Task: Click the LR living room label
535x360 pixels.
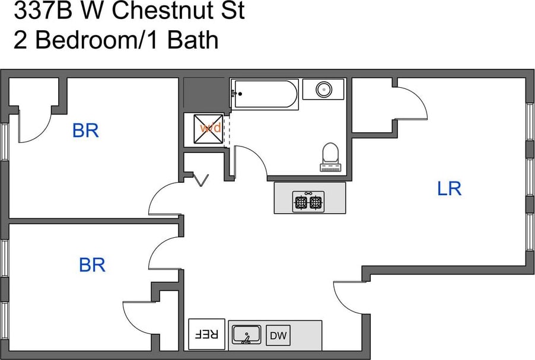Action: (x=449, y=189)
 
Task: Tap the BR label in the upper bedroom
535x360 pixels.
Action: (x=85, y=130)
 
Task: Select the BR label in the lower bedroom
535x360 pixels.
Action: (x=92, y=265)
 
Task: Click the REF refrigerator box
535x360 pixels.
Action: (x=206, y=334)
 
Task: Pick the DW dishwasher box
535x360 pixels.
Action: (x=278, y=336)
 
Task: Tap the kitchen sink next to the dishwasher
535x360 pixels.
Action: (x=247, y=335)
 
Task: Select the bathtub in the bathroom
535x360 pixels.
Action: (x=265, y=94)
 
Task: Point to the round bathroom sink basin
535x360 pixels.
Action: (x=323, y=90)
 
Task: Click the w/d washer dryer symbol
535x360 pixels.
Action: (x=209, y=128)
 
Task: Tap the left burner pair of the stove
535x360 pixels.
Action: (x=301, y=202)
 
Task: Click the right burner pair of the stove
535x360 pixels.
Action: (x=316, y=202)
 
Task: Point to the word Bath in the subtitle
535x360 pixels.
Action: (x=193, y=40)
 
